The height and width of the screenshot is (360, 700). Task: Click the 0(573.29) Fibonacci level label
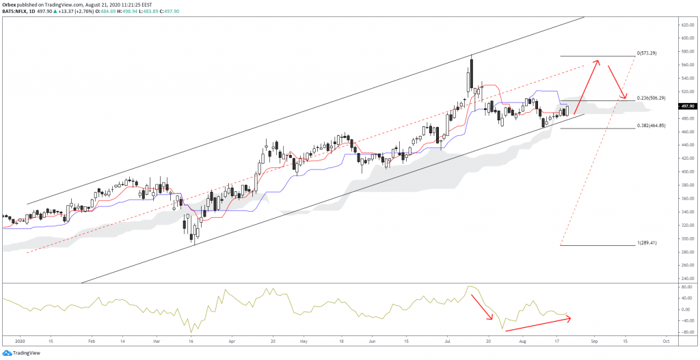tap(647, 53)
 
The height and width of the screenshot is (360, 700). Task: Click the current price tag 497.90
tap(687, 107)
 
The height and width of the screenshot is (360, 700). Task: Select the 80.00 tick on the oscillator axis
tap(686, 288)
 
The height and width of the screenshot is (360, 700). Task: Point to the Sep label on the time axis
tap(594, 339)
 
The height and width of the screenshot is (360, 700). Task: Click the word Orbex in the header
tap(11, 3)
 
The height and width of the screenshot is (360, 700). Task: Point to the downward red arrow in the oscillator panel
tap(483, 308)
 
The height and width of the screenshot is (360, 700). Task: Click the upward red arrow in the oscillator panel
tap(543, 321)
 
